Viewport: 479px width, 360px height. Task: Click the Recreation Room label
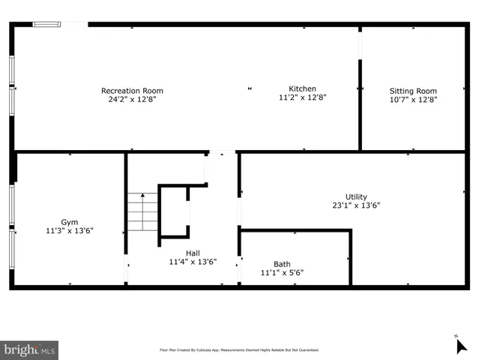tap(132, 91)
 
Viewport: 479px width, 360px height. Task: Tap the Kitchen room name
tap(302, 88)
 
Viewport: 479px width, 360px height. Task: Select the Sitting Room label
tap(412, 91)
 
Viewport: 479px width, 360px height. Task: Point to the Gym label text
tap(69, 222)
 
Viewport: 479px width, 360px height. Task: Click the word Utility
tap(356, 196)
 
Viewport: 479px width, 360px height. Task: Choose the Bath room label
tap(282, 264)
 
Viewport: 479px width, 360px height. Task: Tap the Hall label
tap(193, 253)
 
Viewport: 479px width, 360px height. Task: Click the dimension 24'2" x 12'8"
tap(132, 99)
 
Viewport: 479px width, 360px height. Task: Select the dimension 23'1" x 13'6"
tap(356, 205)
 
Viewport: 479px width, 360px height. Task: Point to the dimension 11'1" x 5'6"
tap(282, 273)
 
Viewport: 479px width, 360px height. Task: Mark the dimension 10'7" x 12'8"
tap(412, 99)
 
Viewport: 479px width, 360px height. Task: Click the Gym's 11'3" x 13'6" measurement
tap(69, 231)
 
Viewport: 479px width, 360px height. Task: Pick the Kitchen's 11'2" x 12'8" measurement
tap(302, 97)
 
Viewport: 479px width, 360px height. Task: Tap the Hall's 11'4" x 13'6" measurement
tap(193, 262)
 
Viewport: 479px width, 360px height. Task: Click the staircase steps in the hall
tap(142, 211)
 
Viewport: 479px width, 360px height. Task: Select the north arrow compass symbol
tap(462, 345)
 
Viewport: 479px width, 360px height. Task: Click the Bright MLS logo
tap(29, 349)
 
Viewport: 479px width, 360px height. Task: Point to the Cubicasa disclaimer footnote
tap(239, 349)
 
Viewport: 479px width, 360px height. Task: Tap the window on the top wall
tap(46, 24)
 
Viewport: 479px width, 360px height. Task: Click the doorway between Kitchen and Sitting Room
tap(361, 45)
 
